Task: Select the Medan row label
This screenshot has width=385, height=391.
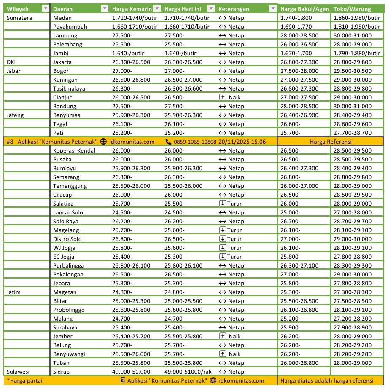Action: pyautogui.click(x=62, y=18)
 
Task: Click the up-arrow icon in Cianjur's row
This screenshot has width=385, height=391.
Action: pyautogui.click(x=223, y=97)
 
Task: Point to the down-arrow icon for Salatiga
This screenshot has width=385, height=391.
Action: pyautogui.click(x=223, y=204)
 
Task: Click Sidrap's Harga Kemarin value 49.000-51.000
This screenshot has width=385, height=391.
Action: pyautogui.click(x=131, y=372)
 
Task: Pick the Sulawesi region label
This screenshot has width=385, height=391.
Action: pyautogui.click(x=19, y=372)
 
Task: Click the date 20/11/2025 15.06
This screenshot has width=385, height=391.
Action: pyautogui.click(x=242, y=142)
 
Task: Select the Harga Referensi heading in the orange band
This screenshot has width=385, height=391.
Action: pyautogui.click(x=331, y=142)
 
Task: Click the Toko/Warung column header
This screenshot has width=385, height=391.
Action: pyautogui.click(x=352, y=9)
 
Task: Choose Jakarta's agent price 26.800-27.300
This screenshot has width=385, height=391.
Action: pyautogui.click(x=299, y=62)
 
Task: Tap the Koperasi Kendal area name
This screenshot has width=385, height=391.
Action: pyautogui.click(x=74, y=150)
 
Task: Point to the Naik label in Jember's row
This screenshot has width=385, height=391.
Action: pyautogui.click(x=234, y=336)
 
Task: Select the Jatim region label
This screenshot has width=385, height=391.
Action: pyautogui.click(x=14, y=292)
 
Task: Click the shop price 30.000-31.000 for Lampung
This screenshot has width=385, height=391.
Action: pyautogui.click(x=352, y=35)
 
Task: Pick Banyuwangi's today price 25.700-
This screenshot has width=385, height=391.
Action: pyautogui.click(x=174, y=354)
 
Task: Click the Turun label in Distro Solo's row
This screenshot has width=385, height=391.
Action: pyautogui.click(x=235, y=239)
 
